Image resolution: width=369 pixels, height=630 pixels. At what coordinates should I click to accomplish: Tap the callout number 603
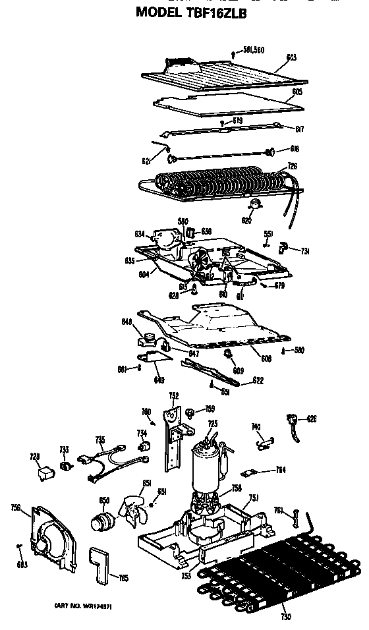(291, 58)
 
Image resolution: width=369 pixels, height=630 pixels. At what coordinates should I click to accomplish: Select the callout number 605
(297, 92)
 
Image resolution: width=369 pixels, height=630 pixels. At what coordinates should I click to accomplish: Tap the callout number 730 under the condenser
(285, 617)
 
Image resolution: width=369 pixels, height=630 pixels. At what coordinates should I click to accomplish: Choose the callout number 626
(311, 418)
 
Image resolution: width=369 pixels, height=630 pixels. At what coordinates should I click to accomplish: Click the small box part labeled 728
(44, 472)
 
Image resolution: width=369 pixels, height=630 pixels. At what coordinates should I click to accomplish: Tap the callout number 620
(247, 220)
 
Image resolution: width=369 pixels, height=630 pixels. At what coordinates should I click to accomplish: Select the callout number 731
(305, 252)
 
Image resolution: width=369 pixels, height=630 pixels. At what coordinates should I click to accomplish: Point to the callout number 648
(146, 322)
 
